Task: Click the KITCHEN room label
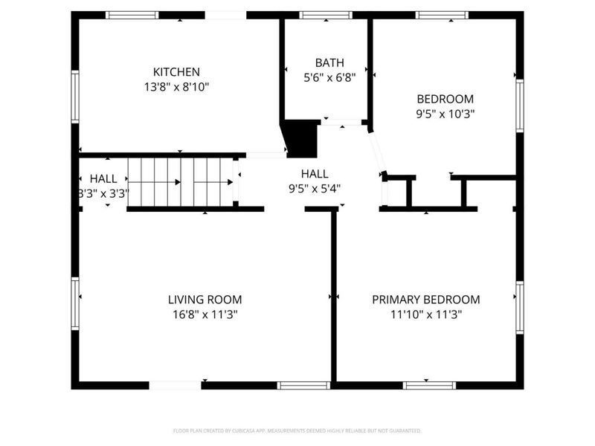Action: pos(176,72)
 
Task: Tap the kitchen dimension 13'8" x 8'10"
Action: pos(176,86)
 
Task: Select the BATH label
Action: pos(329,63)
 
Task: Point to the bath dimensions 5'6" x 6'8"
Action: pos(329,77)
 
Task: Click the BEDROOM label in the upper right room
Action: pos(445,99)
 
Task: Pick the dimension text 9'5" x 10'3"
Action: pos(445,114)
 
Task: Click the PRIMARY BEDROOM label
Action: pos(425,300)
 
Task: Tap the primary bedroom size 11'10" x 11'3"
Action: pos(425,314)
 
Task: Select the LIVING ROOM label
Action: pos(205,300)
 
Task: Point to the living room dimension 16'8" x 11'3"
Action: pos(205,314)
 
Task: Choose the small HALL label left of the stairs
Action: pos(103,178)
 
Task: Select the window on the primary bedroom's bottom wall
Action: pos(429,385)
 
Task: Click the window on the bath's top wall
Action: pos(326,15)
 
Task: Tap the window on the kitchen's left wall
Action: pos(75,96)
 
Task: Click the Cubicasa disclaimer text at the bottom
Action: pos(297,430)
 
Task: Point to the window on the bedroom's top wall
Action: pos(442,15)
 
